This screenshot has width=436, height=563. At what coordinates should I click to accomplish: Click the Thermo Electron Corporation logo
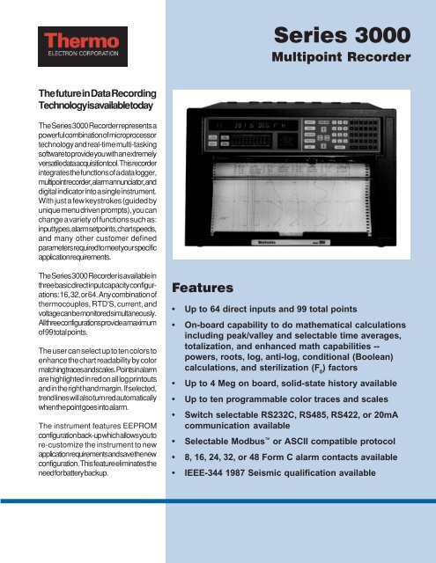(x=71, y=45)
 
